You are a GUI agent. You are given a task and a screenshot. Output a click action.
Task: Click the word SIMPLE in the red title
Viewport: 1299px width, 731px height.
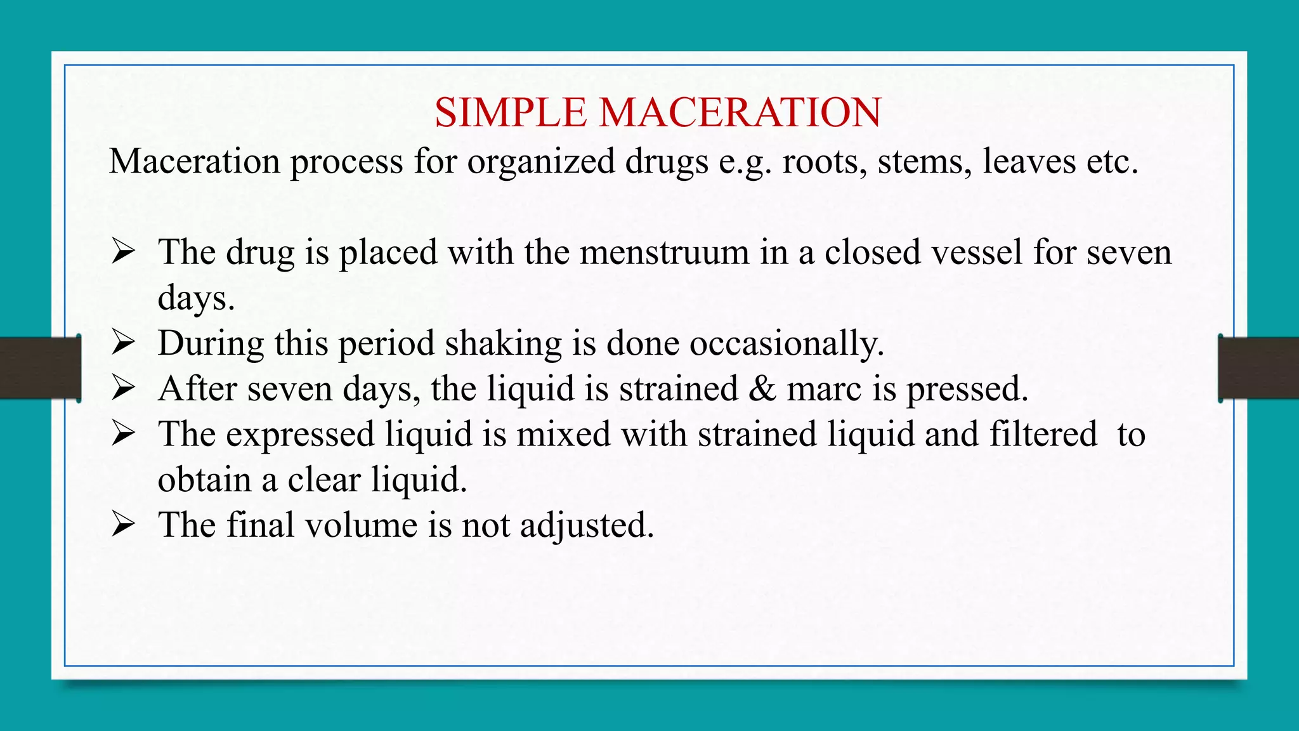coord(510,113)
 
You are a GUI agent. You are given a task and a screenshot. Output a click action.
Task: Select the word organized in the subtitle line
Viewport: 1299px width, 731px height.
coord(540,161)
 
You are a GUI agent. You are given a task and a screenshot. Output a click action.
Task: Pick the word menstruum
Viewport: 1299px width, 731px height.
coord(664,252)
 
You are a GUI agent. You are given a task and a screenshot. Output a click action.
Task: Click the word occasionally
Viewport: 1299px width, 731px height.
coord(787,343)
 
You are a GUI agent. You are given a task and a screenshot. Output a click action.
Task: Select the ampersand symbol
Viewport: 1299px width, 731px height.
coord(762,388)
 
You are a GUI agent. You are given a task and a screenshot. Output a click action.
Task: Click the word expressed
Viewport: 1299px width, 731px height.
coord(300,435)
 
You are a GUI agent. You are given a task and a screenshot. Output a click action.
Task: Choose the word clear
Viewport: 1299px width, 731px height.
coord(323,479)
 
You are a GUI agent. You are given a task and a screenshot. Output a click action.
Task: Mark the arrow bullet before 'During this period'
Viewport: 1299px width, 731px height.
coord(123,343)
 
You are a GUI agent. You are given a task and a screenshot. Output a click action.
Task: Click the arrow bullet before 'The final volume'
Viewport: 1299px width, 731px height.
coord(123,525)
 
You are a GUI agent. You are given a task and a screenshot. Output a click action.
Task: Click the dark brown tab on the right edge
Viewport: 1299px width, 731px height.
coord(1258,368)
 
